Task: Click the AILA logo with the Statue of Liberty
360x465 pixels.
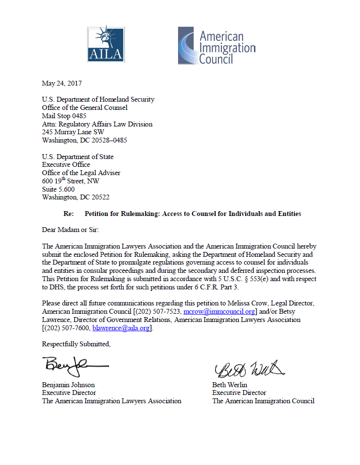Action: point(105,44)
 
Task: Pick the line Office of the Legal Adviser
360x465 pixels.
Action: point(81,173)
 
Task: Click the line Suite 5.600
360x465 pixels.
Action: point(58,190)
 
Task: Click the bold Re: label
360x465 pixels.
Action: point(69,214)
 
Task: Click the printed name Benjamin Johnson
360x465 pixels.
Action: point(69,385)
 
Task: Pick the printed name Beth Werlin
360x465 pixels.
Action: point(230,385)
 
